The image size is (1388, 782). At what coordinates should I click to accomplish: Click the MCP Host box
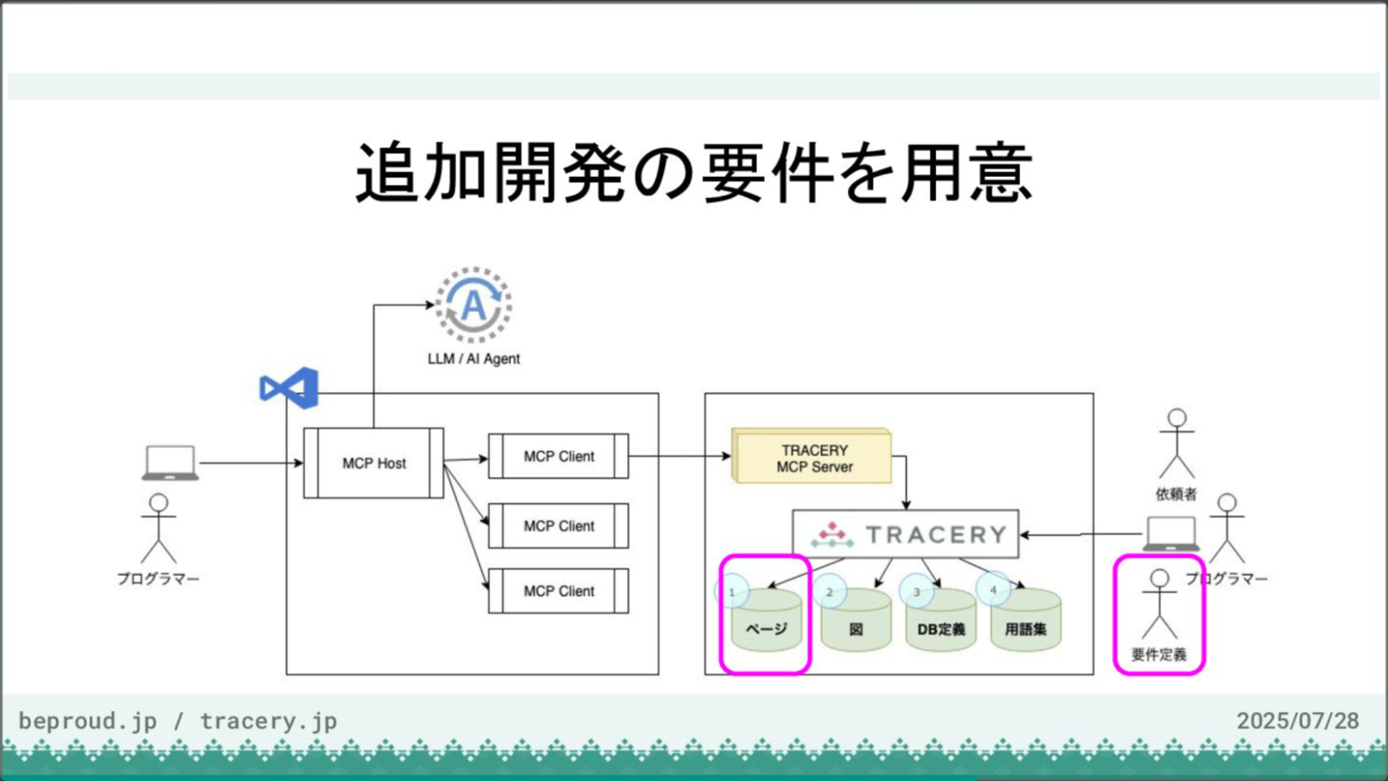coord(374,463)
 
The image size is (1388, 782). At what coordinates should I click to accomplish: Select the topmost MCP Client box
coord(559,456)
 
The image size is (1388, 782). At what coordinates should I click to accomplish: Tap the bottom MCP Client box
coord(559,591)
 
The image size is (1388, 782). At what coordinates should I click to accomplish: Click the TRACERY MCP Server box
coord(813,457)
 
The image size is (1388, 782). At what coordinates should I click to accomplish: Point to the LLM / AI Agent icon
coord(474,305)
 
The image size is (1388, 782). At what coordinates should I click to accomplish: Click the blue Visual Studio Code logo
coord(290,388)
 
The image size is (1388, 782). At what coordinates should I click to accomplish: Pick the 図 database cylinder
coord(856,624)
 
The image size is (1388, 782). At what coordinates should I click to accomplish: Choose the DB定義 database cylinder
coord(941,624)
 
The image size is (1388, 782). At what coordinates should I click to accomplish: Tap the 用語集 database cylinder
coord(1025,624)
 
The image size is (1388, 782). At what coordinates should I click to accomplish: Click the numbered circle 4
coord(993,590)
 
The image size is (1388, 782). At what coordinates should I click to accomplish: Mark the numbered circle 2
coord(829,592)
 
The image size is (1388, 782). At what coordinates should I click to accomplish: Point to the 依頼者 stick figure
coord(1177,444)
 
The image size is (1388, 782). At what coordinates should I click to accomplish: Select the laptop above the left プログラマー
coord(170,463)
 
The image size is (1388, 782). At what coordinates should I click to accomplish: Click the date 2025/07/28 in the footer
coord(1297,721)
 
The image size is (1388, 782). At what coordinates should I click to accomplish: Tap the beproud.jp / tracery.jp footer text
coord(178,721)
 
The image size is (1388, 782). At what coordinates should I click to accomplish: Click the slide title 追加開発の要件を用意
coord(694,173)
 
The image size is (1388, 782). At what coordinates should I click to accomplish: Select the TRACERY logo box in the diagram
coord(905,534)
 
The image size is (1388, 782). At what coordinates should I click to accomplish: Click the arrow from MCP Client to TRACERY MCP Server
coord(680,456)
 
